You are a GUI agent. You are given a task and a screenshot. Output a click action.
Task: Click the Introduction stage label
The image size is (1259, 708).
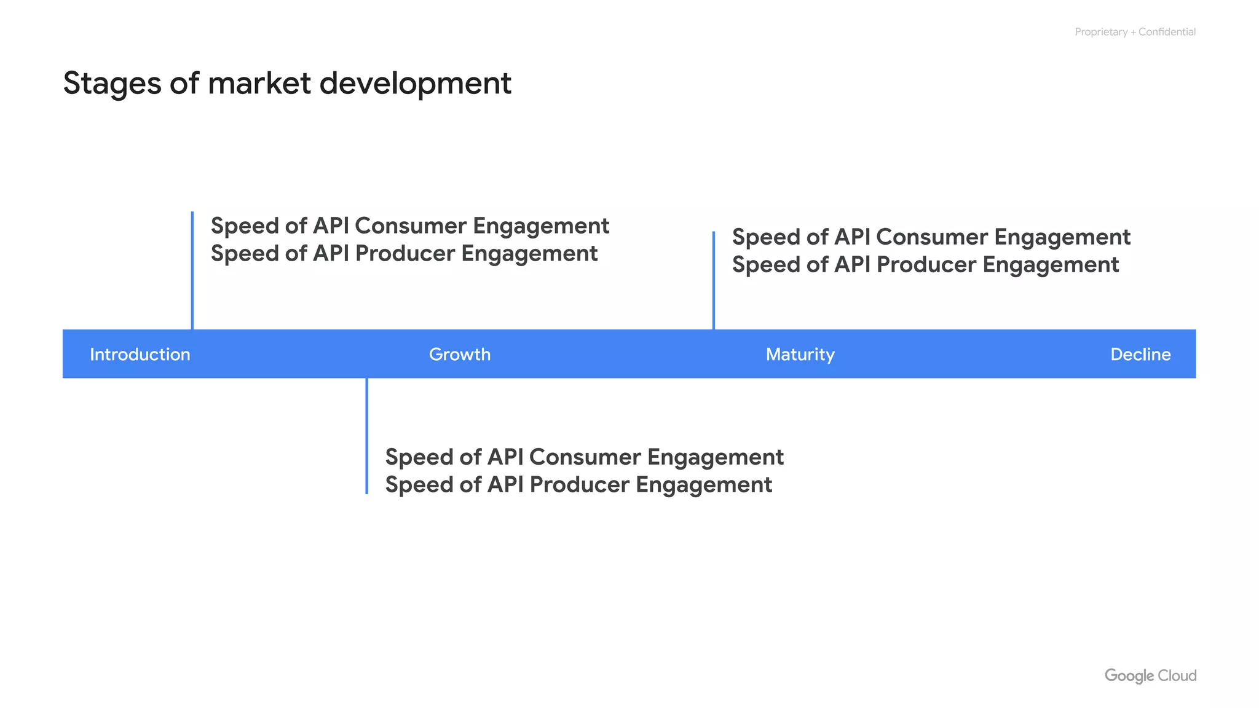click(140, 355)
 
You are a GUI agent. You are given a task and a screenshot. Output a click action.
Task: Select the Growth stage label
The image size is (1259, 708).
click(459, 355)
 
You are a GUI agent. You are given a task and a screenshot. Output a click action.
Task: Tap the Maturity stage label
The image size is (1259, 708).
click(800, 355)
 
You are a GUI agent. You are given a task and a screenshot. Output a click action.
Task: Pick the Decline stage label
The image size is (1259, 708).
click(1140, 355)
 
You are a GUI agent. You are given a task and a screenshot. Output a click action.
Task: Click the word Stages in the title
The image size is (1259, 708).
click(112, 84)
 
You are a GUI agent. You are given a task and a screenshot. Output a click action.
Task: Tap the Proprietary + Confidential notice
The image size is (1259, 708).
click(1134, 32)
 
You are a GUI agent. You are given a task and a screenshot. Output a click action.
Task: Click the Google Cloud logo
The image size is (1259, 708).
click(1150, 675)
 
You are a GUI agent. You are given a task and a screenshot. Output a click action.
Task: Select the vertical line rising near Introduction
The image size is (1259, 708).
click(192, 270)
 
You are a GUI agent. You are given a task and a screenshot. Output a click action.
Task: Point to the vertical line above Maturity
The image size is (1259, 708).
click(713, 280)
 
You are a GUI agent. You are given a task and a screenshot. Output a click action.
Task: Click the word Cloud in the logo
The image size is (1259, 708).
click(1177, 675)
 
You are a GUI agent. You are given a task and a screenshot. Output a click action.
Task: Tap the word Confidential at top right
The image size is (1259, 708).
click(1166, 32)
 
